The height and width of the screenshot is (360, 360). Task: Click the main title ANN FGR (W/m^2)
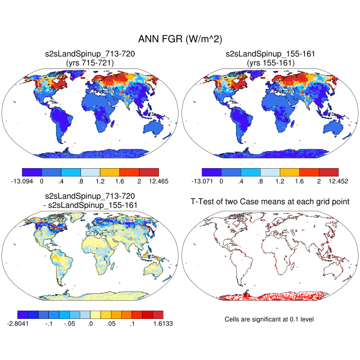179,40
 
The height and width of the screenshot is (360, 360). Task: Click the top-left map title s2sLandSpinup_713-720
90,53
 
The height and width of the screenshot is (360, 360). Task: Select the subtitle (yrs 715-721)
90,62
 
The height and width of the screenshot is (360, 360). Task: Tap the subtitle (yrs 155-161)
270,62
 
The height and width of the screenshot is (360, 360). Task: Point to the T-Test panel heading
270,203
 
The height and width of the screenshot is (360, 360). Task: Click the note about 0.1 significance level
269,319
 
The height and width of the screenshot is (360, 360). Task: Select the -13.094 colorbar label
22,181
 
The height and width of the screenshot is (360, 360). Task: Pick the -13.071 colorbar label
202,181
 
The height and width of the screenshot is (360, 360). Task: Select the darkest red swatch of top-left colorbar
149,172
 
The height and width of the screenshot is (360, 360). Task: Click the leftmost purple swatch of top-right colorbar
211,172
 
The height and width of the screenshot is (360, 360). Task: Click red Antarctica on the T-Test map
270,295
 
